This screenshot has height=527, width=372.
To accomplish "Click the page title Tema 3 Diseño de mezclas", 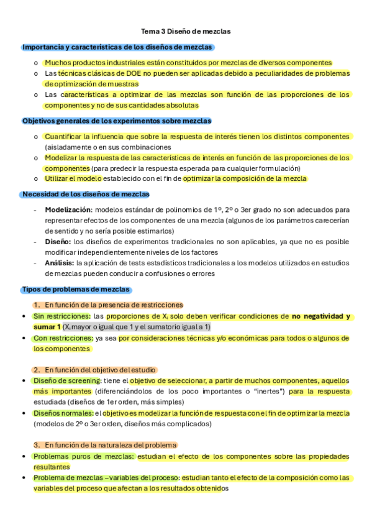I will tap(186, 31).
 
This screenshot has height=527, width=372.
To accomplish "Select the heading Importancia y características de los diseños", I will tap(118, 47).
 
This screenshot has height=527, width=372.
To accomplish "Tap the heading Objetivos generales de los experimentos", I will tap(117, 121).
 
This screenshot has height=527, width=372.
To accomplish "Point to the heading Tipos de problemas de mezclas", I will tap(76, 290).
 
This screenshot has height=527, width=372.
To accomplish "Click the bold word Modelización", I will tap(68, 210).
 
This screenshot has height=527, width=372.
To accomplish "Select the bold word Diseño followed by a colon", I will tap(58, 242).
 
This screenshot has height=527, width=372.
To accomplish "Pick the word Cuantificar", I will tap(65, 137).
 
